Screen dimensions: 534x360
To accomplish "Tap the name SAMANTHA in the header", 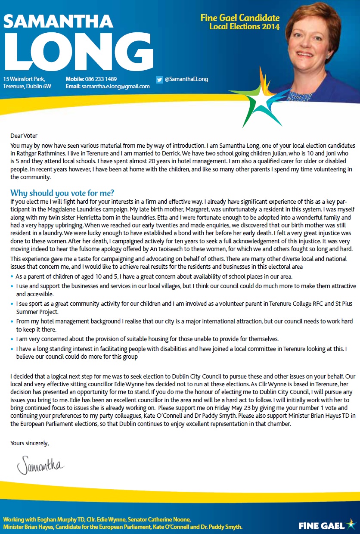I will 59,20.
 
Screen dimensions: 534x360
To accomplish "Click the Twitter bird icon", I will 159,79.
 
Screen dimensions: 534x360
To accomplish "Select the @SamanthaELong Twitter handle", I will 186,79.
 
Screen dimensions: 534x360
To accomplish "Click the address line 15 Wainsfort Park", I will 24,79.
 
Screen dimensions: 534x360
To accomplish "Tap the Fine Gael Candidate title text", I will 240,18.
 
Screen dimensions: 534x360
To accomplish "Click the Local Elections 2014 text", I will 244,27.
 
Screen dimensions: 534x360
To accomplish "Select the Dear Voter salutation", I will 24,136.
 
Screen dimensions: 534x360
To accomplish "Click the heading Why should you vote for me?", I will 62,192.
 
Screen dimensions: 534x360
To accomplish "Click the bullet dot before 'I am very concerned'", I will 12,339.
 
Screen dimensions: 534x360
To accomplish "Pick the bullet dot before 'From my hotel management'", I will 12,321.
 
